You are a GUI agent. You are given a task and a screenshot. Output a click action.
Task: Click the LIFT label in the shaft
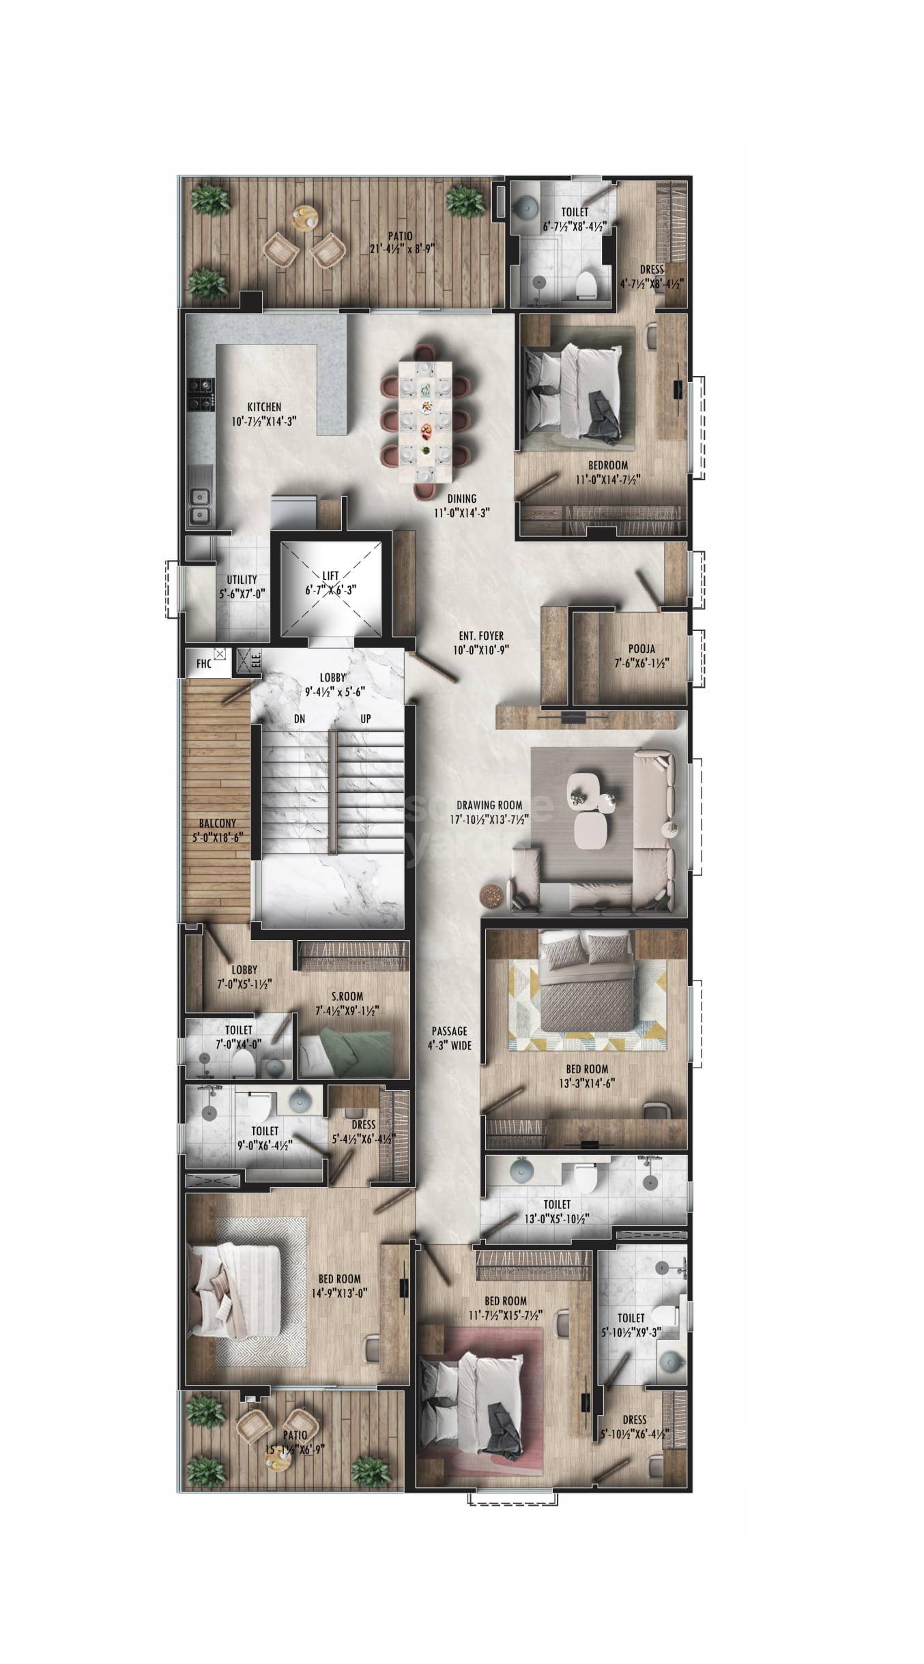click(x=331, y=576)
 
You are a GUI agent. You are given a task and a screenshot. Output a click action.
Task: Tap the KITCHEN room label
click(x=264, y=407)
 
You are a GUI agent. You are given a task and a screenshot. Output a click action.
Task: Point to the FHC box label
click(x=203, y=663)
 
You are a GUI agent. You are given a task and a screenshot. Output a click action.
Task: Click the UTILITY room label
click(x=242, y=580)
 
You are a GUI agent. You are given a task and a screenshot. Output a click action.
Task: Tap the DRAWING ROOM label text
click(x=489, y=806)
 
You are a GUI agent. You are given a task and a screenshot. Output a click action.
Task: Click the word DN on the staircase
click(x=300, y=718)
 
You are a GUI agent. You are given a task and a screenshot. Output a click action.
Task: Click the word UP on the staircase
click(x=366, y=718)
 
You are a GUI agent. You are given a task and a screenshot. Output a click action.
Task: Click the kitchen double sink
click(x=200, y=506)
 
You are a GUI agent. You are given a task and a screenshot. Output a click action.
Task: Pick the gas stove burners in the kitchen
click(x=203, y=394)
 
